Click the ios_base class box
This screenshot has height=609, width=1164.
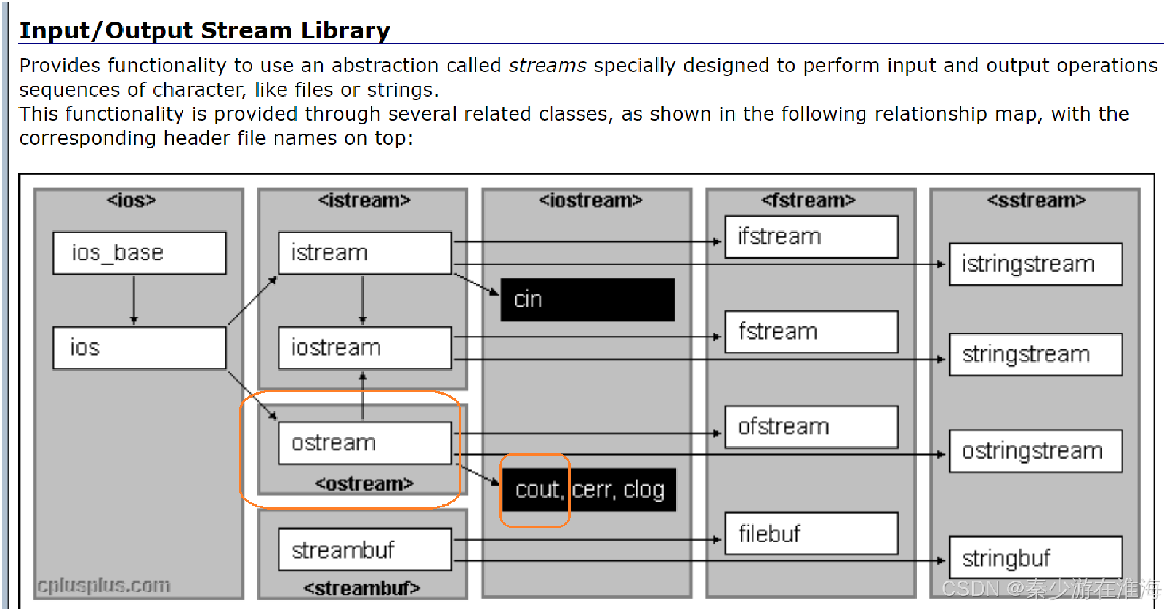click(139, 252)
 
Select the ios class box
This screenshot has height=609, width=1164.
click(139, 348)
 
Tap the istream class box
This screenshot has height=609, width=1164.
click(364, 252)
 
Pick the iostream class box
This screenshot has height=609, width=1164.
click(364, 348)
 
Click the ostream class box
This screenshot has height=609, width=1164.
click(364, 443)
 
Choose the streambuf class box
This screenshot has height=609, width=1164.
click(364, 549)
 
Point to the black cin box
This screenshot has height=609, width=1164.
click(587, 300)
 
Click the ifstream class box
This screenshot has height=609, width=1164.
click(811, 236)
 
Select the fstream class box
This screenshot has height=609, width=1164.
click(811, 332)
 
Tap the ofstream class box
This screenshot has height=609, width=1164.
click(811, 427)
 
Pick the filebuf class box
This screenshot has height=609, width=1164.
click(811, 533)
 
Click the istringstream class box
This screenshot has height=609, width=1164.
click(1035, 264)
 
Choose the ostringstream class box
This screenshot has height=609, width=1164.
click(1035, 451)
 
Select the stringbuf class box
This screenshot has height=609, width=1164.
click(1035, 558)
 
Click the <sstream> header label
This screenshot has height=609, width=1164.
click(1036, 200)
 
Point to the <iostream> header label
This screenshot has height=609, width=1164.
click(590, 200)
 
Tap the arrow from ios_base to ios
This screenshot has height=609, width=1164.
click(134, 300)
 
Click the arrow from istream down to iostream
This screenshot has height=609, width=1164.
click(363, 300)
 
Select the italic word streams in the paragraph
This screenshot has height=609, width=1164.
click(547, 65)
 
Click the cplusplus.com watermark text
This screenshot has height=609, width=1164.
click(103, 585)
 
